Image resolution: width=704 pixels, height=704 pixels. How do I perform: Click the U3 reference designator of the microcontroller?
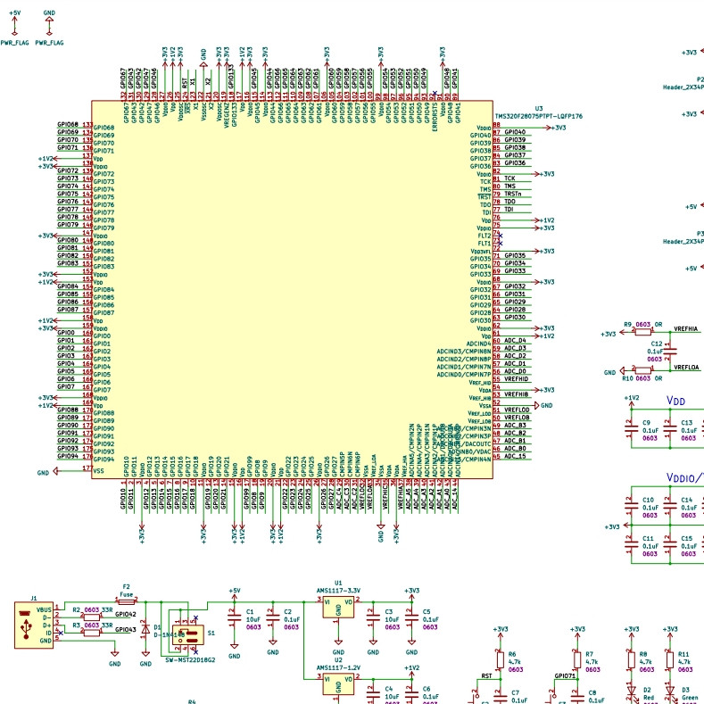(x=539, y=108)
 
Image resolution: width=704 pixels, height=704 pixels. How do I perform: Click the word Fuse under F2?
(x=126, y=594)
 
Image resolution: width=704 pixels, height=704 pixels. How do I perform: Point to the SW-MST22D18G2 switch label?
(x=190, y=659)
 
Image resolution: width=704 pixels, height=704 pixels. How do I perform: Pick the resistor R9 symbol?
(x=643, y=332)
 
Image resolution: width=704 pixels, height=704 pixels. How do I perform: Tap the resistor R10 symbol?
(x=643, y=371)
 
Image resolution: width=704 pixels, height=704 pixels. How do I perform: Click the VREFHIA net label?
(x=687, y=330)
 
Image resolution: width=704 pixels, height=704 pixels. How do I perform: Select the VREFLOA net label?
(x=687, y=367)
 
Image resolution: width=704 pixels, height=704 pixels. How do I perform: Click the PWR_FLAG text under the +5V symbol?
(x=14, y=42)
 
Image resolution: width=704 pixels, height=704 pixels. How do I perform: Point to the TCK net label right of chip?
(x=509, y=178)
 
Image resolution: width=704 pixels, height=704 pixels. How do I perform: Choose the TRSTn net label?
(x=512, y=194)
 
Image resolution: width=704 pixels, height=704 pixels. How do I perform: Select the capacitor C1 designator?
(x=251, y=611)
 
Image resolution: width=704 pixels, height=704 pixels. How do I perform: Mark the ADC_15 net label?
(x=515, y=456)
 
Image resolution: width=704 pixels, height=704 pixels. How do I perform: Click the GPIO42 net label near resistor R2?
(x=125, y=615)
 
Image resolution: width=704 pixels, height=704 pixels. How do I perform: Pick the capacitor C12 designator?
(x=656, y=343)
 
